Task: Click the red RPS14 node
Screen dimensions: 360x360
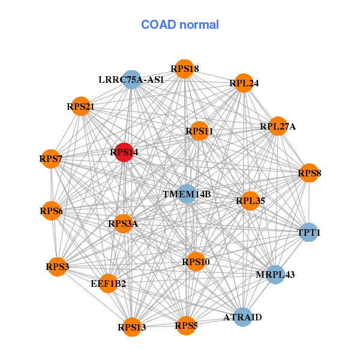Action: click(x=124, y=152)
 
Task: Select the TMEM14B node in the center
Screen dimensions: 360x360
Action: click(x=187, y=194)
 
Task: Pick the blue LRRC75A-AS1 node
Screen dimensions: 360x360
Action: click(x=131, y=79)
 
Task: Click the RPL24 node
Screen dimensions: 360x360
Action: click(x=244, y=83)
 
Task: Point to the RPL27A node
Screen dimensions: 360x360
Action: click(x=278, y=127)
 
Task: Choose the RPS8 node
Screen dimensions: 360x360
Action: click(x=310, y=173)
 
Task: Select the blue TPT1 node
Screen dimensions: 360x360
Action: click(x=308, y=232)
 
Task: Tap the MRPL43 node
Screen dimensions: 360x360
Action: click(x=275, y=274)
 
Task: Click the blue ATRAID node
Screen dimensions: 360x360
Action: click(x=242, y=317)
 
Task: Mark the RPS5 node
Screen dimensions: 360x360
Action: click(x=186, y=326)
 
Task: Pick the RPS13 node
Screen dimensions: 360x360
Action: click(x=131, y=327)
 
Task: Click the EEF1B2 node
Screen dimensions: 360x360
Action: click(x=108, y=283)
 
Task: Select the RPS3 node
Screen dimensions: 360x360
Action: click(x=57, y=266)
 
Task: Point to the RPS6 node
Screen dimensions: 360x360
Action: click(x=51, y=211)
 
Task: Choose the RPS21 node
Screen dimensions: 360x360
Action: click(x=80, y=107)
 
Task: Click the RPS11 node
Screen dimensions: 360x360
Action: click(x=199, y=131)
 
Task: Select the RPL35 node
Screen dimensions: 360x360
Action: click(x=250, y=200)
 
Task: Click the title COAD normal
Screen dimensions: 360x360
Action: click(x=180, y=25)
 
